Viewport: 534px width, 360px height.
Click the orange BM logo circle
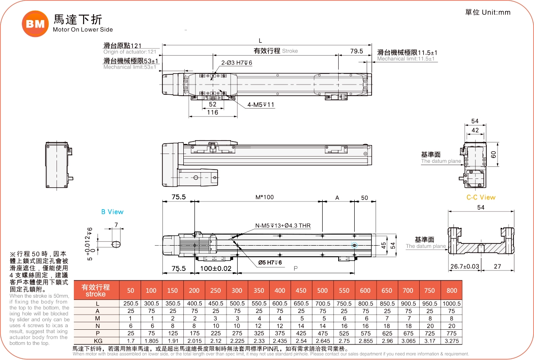pos(35,24)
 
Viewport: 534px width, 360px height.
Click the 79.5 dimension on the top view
pos(356,51)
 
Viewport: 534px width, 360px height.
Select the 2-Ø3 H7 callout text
pos(237,63)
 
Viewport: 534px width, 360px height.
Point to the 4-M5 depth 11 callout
pos(261,105)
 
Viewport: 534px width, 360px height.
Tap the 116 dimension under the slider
pos(213,113)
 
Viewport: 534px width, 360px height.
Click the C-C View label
pos(481,197)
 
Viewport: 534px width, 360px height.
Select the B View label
pos(112,212)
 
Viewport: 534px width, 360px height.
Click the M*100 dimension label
pos(264,197)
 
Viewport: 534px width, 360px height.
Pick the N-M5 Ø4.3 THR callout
pos(283,226)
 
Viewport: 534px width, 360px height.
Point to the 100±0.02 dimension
pos(216,268)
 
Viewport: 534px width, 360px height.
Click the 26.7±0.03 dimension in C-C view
pos(465,266)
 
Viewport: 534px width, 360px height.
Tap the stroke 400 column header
pos(280,291)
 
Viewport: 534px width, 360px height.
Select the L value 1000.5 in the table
pos(452,304)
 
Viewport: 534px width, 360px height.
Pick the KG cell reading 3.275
pos(452,341)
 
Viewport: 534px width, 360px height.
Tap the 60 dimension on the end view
pos(506,154)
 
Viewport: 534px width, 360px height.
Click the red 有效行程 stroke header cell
pos(96,290)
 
